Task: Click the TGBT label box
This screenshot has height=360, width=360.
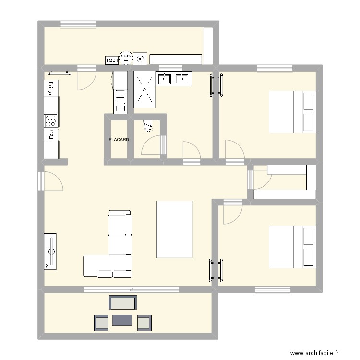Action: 112,60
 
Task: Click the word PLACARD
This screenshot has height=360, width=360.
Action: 119,140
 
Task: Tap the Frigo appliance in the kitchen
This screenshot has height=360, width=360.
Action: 50,88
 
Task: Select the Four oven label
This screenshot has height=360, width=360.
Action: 50,134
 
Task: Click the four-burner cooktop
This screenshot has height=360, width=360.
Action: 50,120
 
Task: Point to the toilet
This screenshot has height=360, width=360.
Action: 148,126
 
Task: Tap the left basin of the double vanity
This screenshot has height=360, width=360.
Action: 165,78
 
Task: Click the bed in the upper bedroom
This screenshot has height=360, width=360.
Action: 292,111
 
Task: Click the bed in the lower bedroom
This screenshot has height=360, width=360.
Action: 292,246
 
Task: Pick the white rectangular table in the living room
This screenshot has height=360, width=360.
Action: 174,229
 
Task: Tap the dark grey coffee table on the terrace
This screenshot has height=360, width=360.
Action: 122,320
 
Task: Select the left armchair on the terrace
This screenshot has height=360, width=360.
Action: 102,323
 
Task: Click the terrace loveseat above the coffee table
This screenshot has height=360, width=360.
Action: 123,302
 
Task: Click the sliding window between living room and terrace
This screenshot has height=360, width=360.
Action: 132,289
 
